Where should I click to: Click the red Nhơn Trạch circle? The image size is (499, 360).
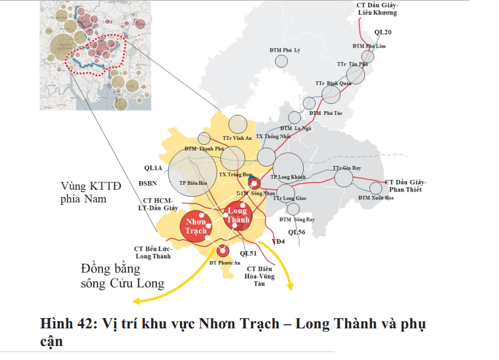coord(196,227)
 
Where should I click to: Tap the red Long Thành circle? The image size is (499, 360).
coord(237,215)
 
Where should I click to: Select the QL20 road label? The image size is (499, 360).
coord(383,32)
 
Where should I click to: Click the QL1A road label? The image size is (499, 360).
coord(153,168)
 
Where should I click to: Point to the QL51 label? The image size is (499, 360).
coord(249,253)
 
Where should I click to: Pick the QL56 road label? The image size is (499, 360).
coord(297,232)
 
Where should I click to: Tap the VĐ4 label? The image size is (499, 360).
coord(279,241)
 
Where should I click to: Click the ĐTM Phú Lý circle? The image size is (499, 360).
coord(281,61)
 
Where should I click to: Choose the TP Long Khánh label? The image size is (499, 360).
coord(288,177)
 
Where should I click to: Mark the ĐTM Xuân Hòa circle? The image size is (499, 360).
coord(376,188)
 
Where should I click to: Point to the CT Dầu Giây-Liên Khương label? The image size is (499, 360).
coord(377,9)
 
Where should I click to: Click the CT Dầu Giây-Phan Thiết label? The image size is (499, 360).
coord(406,186)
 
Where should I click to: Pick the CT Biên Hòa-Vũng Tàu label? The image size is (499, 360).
coord(260,276)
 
